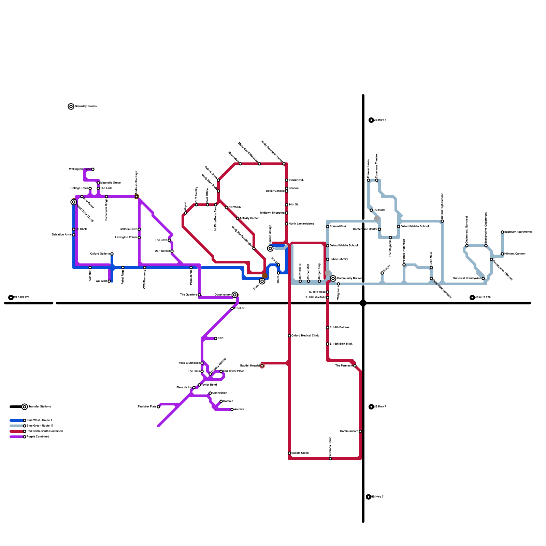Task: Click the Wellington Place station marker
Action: [93, 169]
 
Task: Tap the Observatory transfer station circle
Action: [235, 295]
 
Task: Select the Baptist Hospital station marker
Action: [262, 366]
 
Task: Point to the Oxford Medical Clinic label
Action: [305, 336]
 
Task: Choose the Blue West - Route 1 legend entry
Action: [39, 420]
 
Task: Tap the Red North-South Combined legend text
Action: [44, 431]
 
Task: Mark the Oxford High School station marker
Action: [442, 221]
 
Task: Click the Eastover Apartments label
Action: [518, 232]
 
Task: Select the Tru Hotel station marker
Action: [371, 210]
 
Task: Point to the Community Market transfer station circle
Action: [333, 278]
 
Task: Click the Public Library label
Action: [339, 259]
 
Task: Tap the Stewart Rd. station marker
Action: [287, 180]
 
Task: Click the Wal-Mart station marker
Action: [109, 281]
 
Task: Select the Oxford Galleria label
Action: [100, 254]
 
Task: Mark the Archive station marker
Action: [232, 409]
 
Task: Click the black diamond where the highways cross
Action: [363, 303]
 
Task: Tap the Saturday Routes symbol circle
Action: [71, 106]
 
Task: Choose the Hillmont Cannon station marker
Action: [502, 254]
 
